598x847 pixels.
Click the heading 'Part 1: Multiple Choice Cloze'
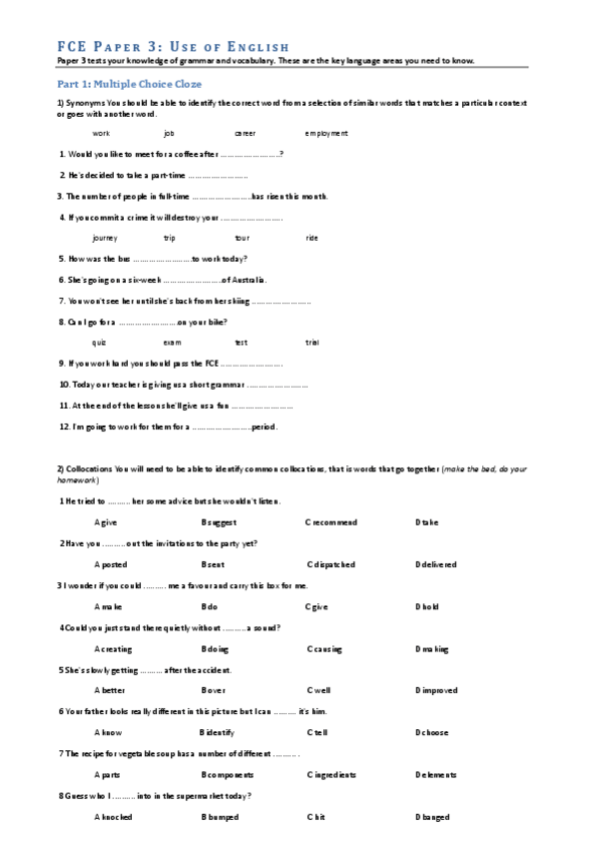tap(115, 84)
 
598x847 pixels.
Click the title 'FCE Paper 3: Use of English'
tap(173, 47)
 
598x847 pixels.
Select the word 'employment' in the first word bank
tap(326, 133)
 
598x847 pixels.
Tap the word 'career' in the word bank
tap(245, 133)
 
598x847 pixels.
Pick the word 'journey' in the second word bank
tap(105, 238)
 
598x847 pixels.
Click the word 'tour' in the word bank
tap(242, 238)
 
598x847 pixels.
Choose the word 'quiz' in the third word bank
tap(99, 343)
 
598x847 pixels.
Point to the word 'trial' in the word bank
tap(312, 343)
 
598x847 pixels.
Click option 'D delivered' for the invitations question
tap(436, 564)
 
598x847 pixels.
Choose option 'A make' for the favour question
tap(108, 606)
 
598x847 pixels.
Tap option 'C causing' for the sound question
tap(324, 648)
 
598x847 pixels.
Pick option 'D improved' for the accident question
tap(436, 690)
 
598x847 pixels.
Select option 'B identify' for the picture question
tap(221, 732)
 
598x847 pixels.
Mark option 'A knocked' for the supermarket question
tap(112, 817)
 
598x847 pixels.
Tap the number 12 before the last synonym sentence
tap(64, 426)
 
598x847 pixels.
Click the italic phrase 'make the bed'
tap(467, 468)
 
